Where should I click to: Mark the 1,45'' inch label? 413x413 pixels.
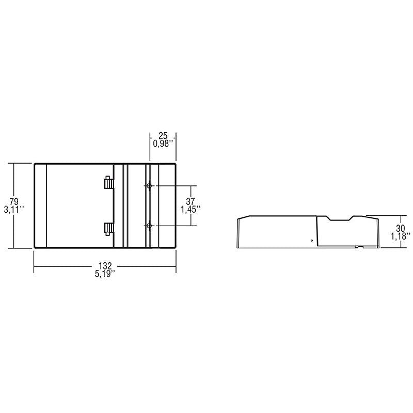[190, 209]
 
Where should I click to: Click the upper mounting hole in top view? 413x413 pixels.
[149, 185]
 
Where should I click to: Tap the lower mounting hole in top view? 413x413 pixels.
[149, 226]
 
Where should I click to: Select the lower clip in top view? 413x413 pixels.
[108, 228]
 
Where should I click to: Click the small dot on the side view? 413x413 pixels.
[311, 241]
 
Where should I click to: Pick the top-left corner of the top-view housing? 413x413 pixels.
[35, 164]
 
